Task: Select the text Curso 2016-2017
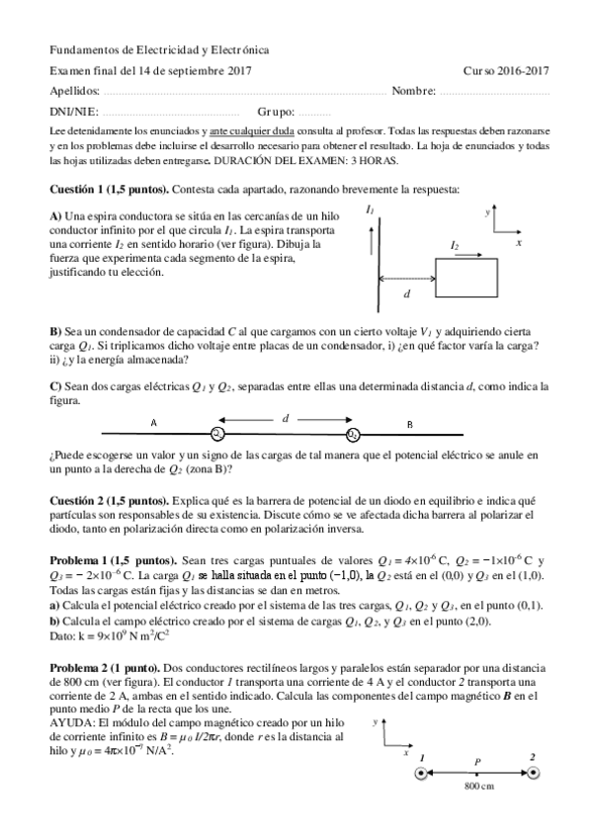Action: [x=505, y=70]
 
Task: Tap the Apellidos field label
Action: [x=74, y=91]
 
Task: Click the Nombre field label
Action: [x=413, y=91]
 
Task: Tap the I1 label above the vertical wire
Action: [x=369, y=209]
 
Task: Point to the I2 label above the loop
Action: [x=455, y=244]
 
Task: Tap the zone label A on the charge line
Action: [x=153, y=423]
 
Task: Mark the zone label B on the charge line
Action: [x=410, y=423]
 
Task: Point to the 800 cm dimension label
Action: [x=478, y=786]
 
